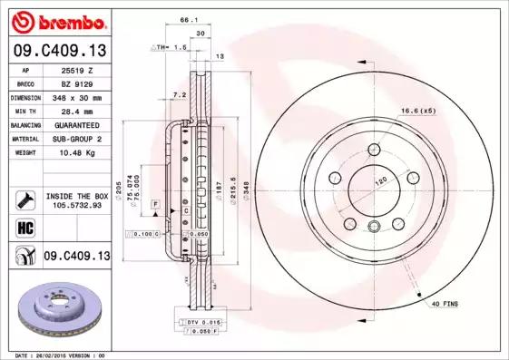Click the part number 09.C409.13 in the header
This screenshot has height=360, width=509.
click(59, 52)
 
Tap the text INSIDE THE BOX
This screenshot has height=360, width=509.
click(77, 195)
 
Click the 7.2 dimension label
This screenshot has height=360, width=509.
click(179, 93)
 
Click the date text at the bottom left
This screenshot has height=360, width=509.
click(56, 355)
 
